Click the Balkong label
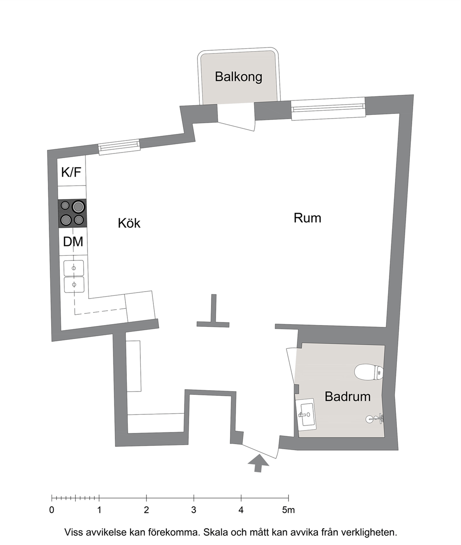tap(238, 77)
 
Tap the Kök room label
tap(129, 223)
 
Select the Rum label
tap(308, 218)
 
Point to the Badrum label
tap(348, 397)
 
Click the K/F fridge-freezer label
tap(71, 172)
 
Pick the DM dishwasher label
tap(73, 241)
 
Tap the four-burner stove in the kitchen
tap(72, 213)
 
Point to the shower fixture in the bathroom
tap(375, 419)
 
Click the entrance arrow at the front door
tap(258, 463)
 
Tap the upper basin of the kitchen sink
tap(73, 268)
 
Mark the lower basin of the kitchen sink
tap(74, 285)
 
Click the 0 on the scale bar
tap(52, 510)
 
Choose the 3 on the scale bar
tap(194, 510)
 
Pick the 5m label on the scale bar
tap(288, 510)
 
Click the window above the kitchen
tap(119, 147)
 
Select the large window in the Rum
tap(328, 109)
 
